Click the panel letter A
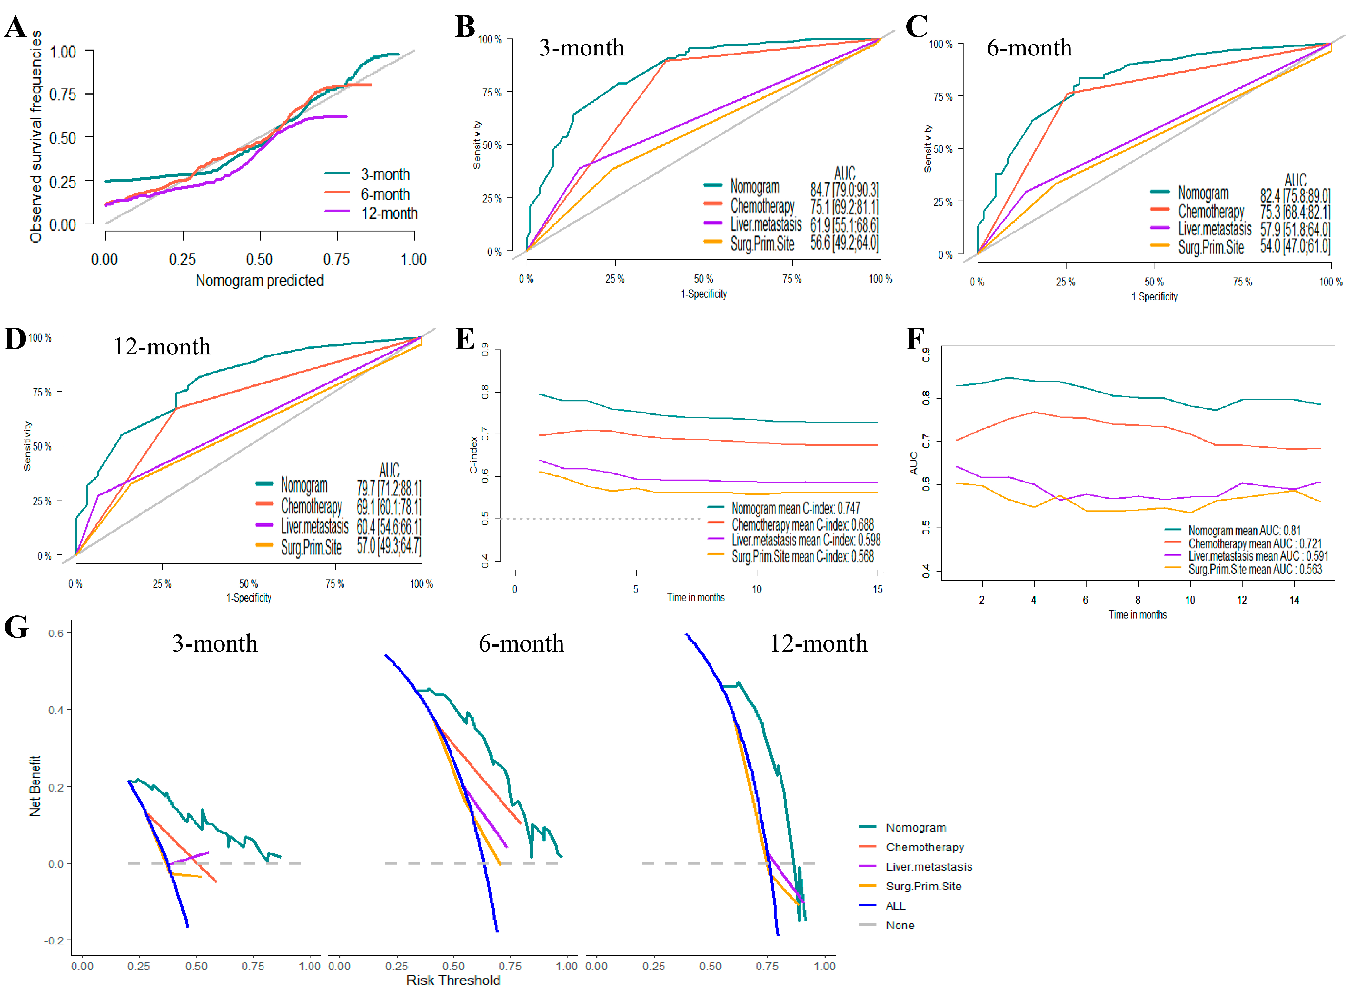click(16, 27)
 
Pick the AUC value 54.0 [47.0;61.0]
click(1295, 246)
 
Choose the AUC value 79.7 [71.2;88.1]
click(389, 487)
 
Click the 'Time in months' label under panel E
click(696, 597)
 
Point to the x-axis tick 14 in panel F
click(1294, 600)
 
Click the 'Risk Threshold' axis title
click(453, 980)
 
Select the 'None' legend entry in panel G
click(899, 925)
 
